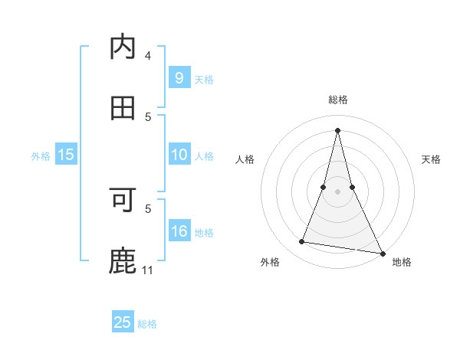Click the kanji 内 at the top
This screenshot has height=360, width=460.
tap(123, 47)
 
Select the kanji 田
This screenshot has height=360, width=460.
tap(123, 107)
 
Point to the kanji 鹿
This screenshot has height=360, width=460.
tap(123, 260)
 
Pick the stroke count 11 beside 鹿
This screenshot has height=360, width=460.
tap(148, 270)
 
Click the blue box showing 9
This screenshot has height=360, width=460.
tap(179, 77)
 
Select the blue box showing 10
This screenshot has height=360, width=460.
tap(179, 155)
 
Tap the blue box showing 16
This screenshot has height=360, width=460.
tap(179, 231)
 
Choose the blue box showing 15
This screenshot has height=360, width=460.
tap(66, 155)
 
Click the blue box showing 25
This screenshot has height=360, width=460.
tap(123, 322)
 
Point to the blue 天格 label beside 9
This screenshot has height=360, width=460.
tap(204, 79)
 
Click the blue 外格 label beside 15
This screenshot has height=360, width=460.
tap(41, 155)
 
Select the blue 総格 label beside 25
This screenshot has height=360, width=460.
tap(147, 323)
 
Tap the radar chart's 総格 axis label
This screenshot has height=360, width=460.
tap(337, 100)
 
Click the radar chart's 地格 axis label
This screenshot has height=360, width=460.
tap(402, 262)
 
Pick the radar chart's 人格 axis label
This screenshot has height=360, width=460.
tap(245, 159)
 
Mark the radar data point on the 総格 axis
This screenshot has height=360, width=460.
tap(337, 129)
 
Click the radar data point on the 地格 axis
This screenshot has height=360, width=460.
tap(382, 253)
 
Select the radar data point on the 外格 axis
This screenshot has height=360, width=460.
tap(302, 242)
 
